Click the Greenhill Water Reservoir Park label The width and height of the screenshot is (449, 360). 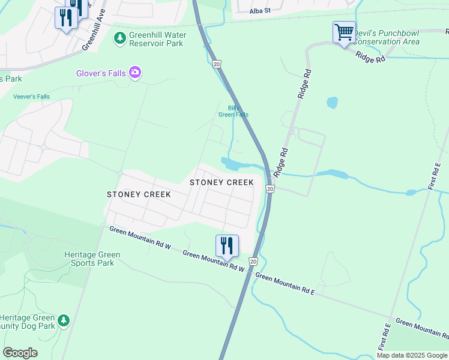(156, 39)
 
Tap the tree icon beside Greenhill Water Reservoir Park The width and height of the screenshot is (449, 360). (120, 38)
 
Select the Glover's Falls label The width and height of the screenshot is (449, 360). (101, 73)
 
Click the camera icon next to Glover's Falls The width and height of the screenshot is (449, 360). (135, 73)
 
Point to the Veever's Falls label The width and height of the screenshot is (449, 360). (31, 97)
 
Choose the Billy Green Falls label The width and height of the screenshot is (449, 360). (233, 111)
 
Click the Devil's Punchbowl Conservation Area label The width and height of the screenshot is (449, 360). (387, 38)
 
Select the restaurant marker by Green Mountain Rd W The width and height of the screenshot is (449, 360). (227, 245)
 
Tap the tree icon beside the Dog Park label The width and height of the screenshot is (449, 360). (64, 322)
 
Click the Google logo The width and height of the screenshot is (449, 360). (20, 353)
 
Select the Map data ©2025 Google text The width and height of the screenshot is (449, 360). (412, 355)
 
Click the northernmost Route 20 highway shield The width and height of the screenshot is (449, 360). (217, 64)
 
